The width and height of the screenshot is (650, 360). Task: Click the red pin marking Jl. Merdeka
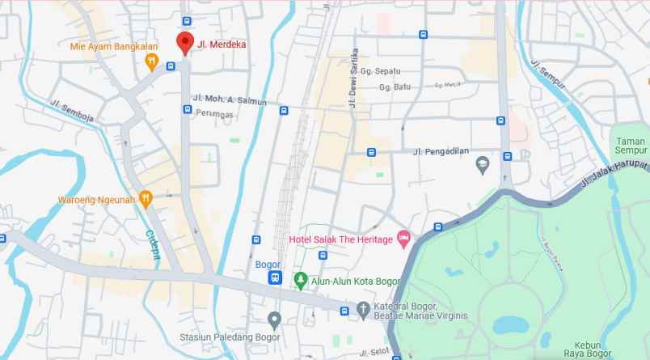(x=184, y=43)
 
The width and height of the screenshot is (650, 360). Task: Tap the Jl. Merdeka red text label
(x=222, y=45)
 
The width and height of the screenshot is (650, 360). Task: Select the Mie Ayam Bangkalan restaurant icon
(x=151, y=64)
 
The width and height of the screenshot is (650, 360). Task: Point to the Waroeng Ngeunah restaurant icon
(x=146, y=197)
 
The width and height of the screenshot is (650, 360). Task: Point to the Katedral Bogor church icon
(x=363, y=309)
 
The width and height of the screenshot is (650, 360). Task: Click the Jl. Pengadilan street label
(x=441, y=150)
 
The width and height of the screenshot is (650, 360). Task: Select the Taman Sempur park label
(x=629, y=145)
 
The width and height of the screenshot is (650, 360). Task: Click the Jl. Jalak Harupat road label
(x=618, y=174)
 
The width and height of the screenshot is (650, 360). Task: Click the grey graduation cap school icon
(x=482, y=165)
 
